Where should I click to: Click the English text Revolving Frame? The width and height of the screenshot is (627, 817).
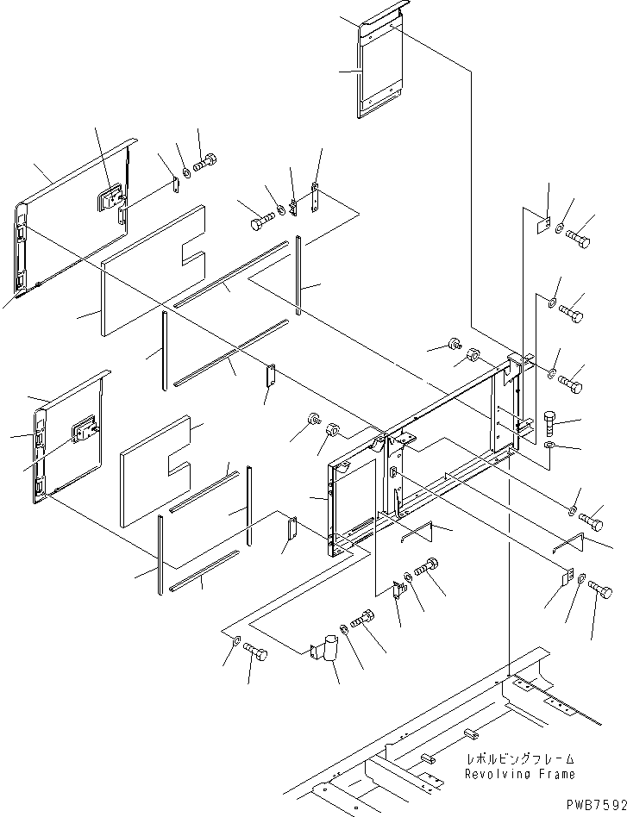point(519,775)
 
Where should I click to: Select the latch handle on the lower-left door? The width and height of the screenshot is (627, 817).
point(85,428)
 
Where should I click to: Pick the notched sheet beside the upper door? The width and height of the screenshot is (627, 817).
point(154,269)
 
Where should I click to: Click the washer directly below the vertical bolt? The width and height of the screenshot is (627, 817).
point(551,446)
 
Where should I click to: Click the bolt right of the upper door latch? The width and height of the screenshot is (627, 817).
point(205,161)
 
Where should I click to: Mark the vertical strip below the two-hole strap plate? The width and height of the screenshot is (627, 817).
point(298,276)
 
